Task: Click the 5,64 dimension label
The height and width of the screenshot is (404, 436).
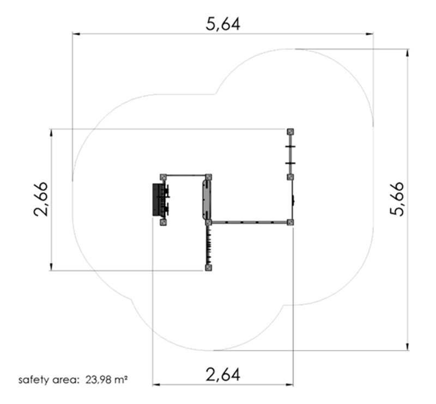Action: pyautogui.click(x=222, y=24)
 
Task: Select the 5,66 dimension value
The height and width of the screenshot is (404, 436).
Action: pyautogui.click(x=397, y=199)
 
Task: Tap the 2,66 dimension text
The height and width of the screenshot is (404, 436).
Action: pyautogui.click(x=41, y=199)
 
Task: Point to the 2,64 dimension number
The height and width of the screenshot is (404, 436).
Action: pyautogui.click(x=222, y=375)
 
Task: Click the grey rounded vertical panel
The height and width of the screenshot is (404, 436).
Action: pyautogui.click(x=207, y=199)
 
